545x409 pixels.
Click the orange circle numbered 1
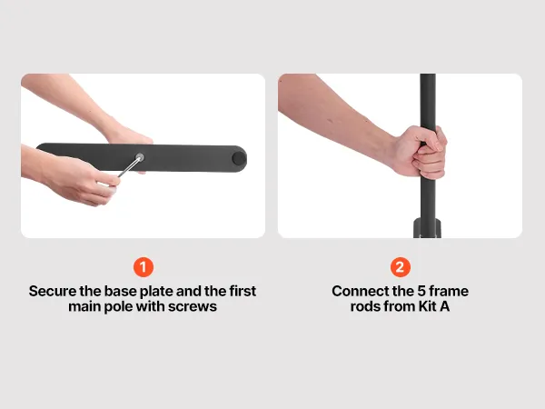tap(144, 267)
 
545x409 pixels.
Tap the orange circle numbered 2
tap(400, 267)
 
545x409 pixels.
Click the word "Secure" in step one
tap(53, 291)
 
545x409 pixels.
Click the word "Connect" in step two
tap(359, 291)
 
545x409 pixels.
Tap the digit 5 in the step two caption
tap(424, 291)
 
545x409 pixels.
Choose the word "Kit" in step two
tap(427, 306)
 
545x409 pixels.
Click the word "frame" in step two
tap(451, 291)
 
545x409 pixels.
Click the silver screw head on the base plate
tap(140, 157)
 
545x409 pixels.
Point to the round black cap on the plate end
tap(239, 158)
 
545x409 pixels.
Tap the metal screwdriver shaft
tap(129, 167)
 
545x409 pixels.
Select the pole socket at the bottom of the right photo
tap(428, 228)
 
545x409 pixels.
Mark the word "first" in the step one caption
tap(243, 291)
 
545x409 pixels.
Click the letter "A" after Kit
tap(444, 306)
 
